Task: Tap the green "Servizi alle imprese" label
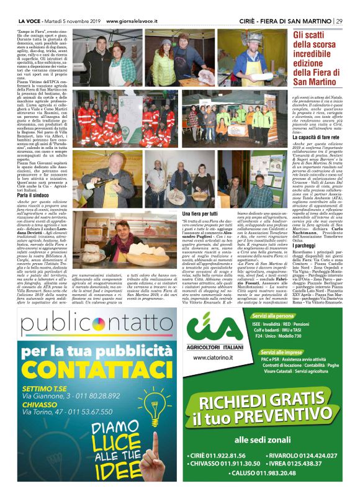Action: point(281,352)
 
